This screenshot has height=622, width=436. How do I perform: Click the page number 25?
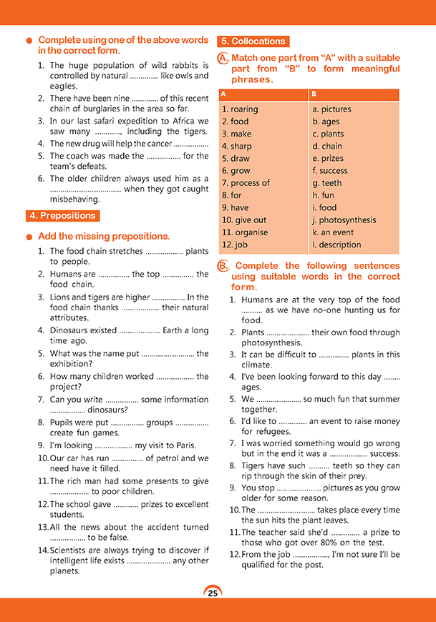(213, 593)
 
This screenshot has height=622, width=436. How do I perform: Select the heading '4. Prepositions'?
(62, 215)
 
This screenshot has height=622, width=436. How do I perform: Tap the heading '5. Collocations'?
(253, 41)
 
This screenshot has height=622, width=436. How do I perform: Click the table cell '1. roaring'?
(240, 109)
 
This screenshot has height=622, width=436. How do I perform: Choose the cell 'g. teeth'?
(327, 183)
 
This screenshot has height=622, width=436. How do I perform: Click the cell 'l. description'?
(336, 245)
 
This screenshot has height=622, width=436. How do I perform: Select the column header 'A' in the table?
(224, 94)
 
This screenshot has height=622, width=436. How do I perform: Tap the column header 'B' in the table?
(315, 94)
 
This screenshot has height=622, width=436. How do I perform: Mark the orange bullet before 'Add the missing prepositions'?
(29, 237)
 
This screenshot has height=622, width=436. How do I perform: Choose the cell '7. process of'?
(246, 183)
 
